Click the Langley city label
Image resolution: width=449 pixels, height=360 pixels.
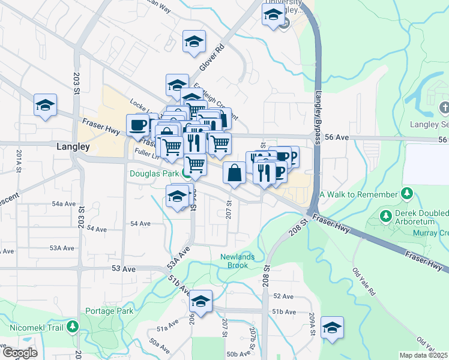tap(73, 146)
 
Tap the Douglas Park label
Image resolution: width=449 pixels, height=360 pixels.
tap(154, 173)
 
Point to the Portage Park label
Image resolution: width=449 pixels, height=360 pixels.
tap(109, 311)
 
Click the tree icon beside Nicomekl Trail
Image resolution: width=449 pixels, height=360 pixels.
tap(73, 327)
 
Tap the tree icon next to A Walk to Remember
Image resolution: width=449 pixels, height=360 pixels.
tap(408, 194)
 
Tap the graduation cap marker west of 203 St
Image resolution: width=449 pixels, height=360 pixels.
tap(45, 106)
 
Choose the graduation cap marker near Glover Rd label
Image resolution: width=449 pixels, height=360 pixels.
tap(194, 42)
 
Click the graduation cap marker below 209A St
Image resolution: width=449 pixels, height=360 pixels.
tap(332, 328)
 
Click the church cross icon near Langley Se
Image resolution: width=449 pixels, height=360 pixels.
tap(444, 108)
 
